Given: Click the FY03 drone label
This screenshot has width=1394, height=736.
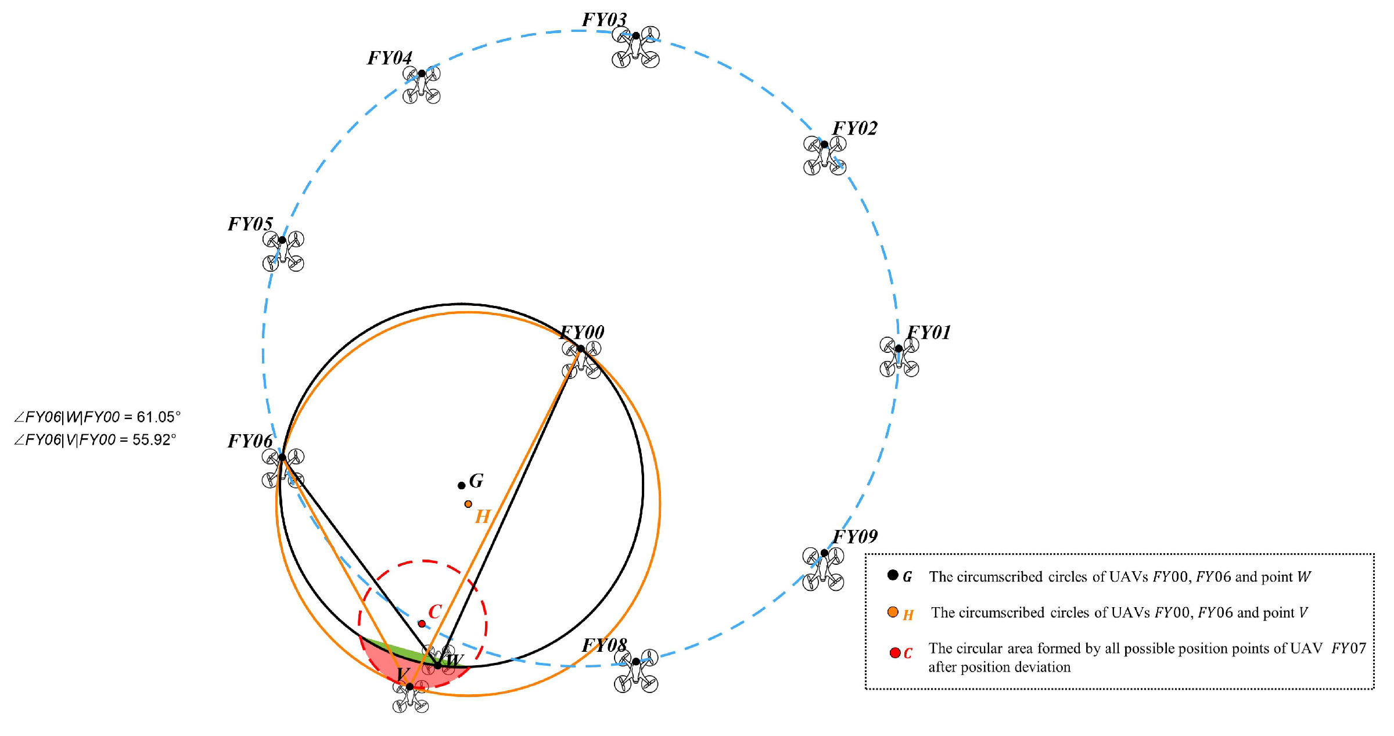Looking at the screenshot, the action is [x=604, y=20].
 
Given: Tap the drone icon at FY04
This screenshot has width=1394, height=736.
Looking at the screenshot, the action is [x=422, y=85].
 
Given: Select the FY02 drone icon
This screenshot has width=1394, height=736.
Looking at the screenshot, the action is [x=824, y=155].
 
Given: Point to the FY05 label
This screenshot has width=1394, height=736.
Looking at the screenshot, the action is [x=250, y=224].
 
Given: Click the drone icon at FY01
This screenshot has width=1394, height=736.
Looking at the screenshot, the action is [x=899, y=357].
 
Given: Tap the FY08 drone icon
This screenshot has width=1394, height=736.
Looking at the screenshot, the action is [x=636, y=670].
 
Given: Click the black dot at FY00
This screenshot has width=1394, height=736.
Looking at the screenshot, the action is [x=581, y=349].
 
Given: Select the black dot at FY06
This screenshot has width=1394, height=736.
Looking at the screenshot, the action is [x=282, y=457].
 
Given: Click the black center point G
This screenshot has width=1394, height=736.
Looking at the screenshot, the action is [x=462, y=485].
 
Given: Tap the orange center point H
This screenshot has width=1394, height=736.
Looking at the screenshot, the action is [x=468, y=504].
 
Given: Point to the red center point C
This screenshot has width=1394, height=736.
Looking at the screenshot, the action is [x=422, y=624].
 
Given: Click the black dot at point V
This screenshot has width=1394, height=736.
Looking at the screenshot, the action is [x=410, y=687].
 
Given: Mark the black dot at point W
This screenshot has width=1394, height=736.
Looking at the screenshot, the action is [x=438, y=665].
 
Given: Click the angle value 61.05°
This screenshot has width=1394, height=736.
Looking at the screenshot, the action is [x=159, y=417].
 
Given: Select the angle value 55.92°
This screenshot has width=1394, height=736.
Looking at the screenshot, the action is [x=154, y=440].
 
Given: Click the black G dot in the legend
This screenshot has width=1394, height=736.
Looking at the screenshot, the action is [x=893, y=575].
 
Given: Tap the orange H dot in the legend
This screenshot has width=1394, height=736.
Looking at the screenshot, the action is [x=893, y=612].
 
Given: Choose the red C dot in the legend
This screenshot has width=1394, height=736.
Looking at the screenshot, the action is [x=895, y=653].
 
